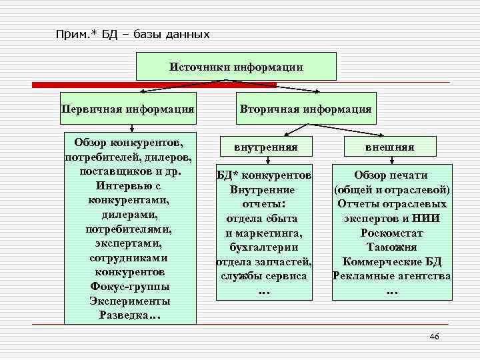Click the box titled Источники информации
pyautogui.click(x=236, y=67)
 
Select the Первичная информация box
pyautogui.click(x=128, y=108)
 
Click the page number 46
pyautogui.click(x=435, y=336)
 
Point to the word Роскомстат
pyautogui.click(x=391, y=233)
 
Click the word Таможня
pyautogui.click(x=391, y=247)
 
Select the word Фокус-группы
pyautogui.click(x=130, y=287)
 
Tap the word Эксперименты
pyautogui.click(x=130, y=301)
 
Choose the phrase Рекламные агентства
pyautogui.click(x=391, y=276)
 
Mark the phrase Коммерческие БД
pyautogui.click(x=391, y=261)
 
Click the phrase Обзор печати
pyautogui.click(x=391, y=175)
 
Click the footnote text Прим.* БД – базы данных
pyautogui.click(x=133, y=34)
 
